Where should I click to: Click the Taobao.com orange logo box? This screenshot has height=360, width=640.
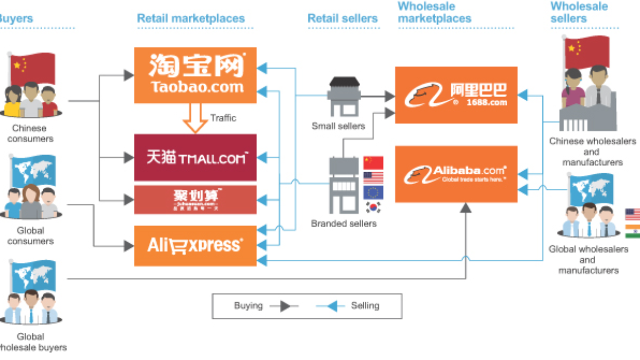tap(195, 75)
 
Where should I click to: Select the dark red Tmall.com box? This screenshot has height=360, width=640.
tap(195, 157)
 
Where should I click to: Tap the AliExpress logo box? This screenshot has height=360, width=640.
tap(195, 245)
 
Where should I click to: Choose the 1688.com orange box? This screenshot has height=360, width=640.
tap(456, 95)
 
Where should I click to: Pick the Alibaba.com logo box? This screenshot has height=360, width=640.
tap(456, 174)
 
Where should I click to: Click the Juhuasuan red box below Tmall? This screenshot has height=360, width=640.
tap(195, 200)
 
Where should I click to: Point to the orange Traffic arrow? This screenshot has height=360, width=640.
tap(195, 118)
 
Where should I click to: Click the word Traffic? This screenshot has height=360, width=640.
tap(223, 118)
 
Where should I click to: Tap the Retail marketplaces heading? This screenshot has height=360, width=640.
tap(190, 18)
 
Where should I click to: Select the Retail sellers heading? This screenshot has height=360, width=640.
tap(342, 18)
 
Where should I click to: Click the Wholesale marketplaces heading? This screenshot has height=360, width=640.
tap(435, 12)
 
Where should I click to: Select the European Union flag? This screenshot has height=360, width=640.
tap(373, 192)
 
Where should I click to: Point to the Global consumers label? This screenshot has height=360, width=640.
tap(30, 236)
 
